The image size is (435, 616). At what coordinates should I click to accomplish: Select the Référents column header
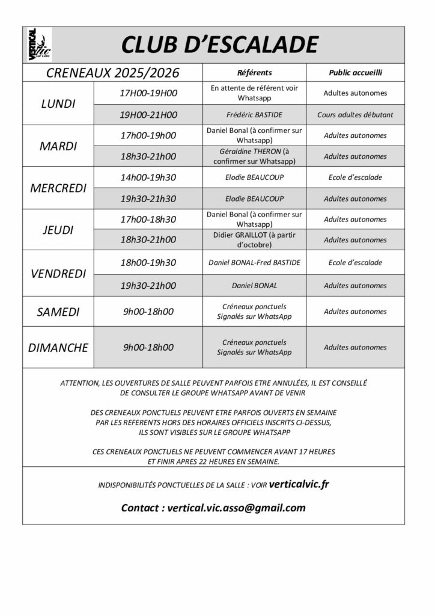pyautogui.click(x=254, y=73)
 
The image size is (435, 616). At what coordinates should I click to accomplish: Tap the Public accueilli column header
pyautogui.click(x=355, y=73)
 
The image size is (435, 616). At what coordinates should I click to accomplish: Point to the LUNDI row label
pyautogui.click(x=58, y=103)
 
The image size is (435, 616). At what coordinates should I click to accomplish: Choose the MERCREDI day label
pyautogui.click(x=58, y=188)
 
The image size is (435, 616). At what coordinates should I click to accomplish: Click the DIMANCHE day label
pyautogui.click(x=58, y=347)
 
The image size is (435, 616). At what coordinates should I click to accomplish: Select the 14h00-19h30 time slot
pyautogui.click(x=148, y=177)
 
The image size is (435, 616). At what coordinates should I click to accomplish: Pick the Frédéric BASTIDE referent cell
pyautogui.click(x=254, y=114)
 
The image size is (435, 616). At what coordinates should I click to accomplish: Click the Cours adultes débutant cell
pyautogui.click(x=355, y=114)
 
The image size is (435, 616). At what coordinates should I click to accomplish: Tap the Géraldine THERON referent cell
pyautogui.click(x=254, y=156)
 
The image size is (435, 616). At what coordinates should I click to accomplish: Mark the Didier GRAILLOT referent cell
pyautogui.click(x=254, y=239)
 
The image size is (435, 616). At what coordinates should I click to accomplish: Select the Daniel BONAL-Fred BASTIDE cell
pyautogui.click(x=254, y=262)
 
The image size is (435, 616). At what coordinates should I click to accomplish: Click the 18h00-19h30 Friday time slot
pyautogui.click(x=148, y=262)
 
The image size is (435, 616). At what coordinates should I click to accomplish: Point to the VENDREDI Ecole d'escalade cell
pyautogui.click(x=355, y=262)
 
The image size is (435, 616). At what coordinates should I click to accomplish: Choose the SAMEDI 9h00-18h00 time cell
pyautogui.click(x=148, y=312)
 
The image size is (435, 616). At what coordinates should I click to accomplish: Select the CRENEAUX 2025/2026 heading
pyautogui.click(x=112, y=73)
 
